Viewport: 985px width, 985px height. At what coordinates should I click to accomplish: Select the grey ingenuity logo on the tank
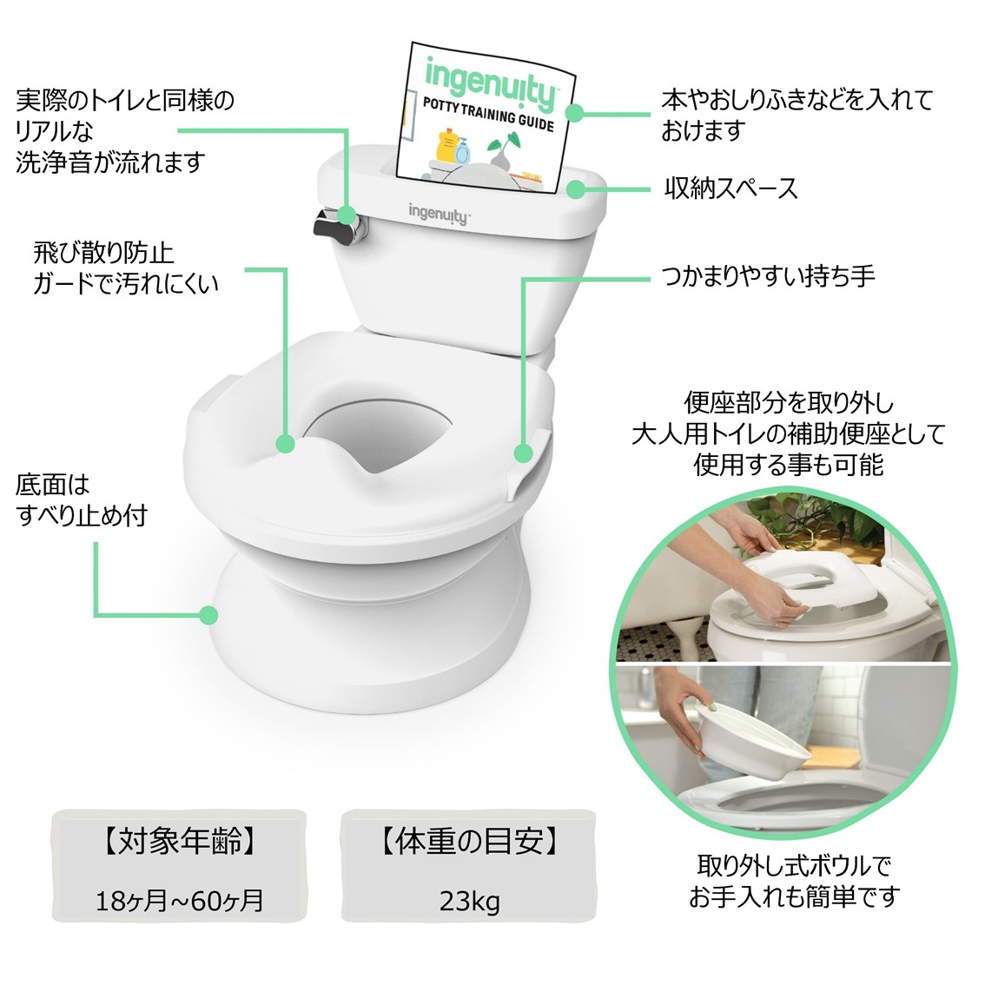[438, 214]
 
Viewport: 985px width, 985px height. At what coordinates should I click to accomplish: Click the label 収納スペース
[730, 188]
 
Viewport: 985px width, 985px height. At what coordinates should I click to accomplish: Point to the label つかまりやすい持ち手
[767, 275]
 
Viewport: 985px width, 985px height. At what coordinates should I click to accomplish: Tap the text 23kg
[469, 901]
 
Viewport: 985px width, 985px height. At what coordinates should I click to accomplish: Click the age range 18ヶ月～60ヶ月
[180, 901]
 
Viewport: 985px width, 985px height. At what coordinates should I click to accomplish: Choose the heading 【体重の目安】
[469, 841]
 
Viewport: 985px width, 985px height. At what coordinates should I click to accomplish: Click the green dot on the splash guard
[285, 444]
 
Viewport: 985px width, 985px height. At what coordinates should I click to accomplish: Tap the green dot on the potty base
[208, 615]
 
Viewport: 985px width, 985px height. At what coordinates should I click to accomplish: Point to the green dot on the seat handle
[523, 453]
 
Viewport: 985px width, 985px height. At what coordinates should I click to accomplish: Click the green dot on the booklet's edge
[574, 112]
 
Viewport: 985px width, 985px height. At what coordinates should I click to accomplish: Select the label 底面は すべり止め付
[81, 500]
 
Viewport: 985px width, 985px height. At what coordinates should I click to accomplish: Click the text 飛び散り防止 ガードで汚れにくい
[125, 268]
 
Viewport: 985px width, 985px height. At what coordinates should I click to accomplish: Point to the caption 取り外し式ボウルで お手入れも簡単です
[794, 882]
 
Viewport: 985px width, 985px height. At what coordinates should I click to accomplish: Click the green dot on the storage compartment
[576, 188]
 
